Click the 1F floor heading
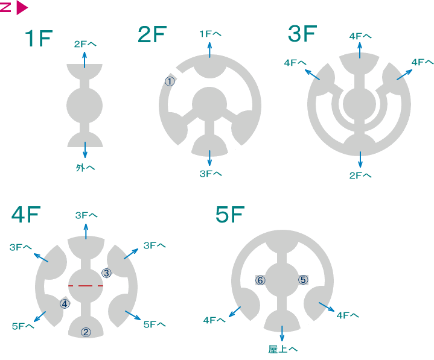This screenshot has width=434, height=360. [39, 38]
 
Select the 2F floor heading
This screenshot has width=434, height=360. [152, 34]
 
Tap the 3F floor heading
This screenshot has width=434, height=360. [302, 33]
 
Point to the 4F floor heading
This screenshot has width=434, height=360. [26, 214]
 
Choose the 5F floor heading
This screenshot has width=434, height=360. [230, 214]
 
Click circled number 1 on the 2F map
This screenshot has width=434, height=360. [170, 81]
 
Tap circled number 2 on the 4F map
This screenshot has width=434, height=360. [86, 332]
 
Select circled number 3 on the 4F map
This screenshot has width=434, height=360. [107, 273]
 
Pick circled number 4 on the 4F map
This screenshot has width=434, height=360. [65, 304]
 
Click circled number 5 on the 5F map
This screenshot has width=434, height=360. [303, 280]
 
